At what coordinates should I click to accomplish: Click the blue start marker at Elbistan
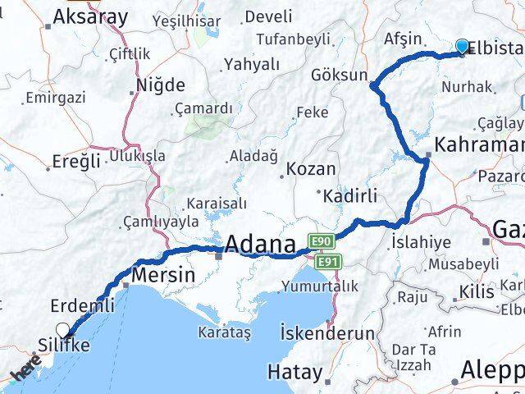tap(463, 47)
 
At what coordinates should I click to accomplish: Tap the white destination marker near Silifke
tap(63, 331)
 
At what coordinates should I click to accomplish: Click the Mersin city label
tap(163, 275)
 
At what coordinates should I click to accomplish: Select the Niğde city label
tap(161, 85)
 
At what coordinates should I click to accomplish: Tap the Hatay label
tap(295, 372)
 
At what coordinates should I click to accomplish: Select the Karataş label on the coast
tap(223, 332)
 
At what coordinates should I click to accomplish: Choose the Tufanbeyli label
tap(293, 39)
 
